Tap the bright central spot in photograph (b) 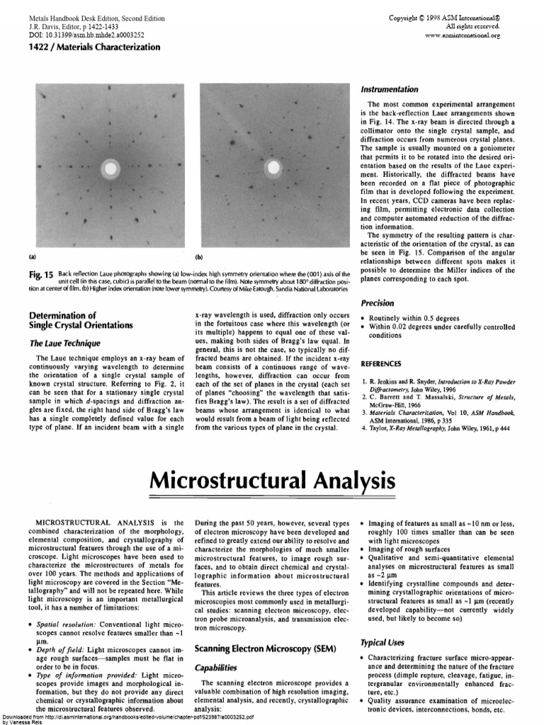273,168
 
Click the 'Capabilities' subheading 217,667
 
